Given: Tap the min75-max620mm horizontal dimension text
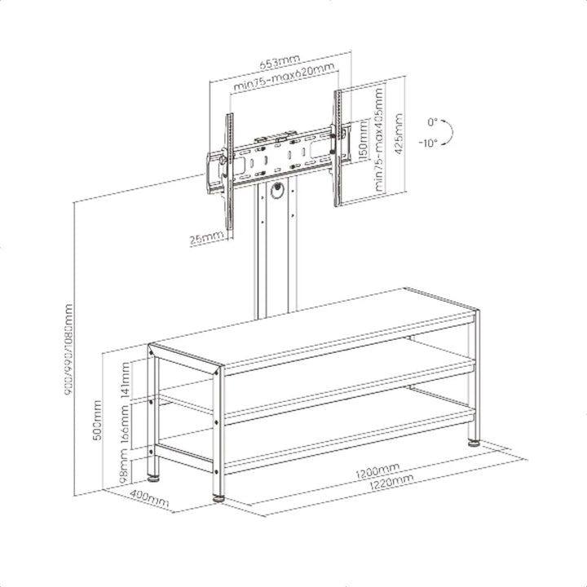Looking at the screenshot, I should click(x=284, y=78).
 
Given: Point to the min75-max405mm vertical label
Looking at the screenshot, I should click(x=381, y=148).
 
